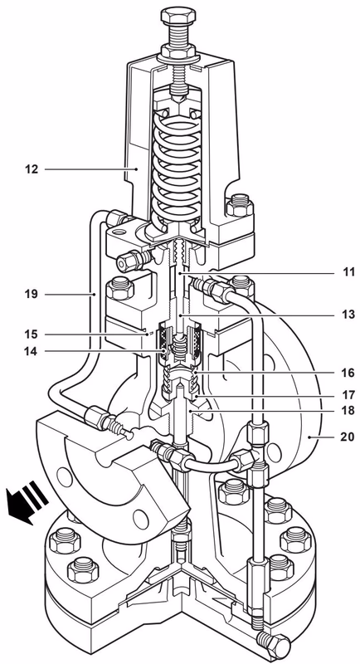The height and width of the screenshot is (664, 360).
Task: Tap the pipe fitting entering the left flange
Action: [112, 424]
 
